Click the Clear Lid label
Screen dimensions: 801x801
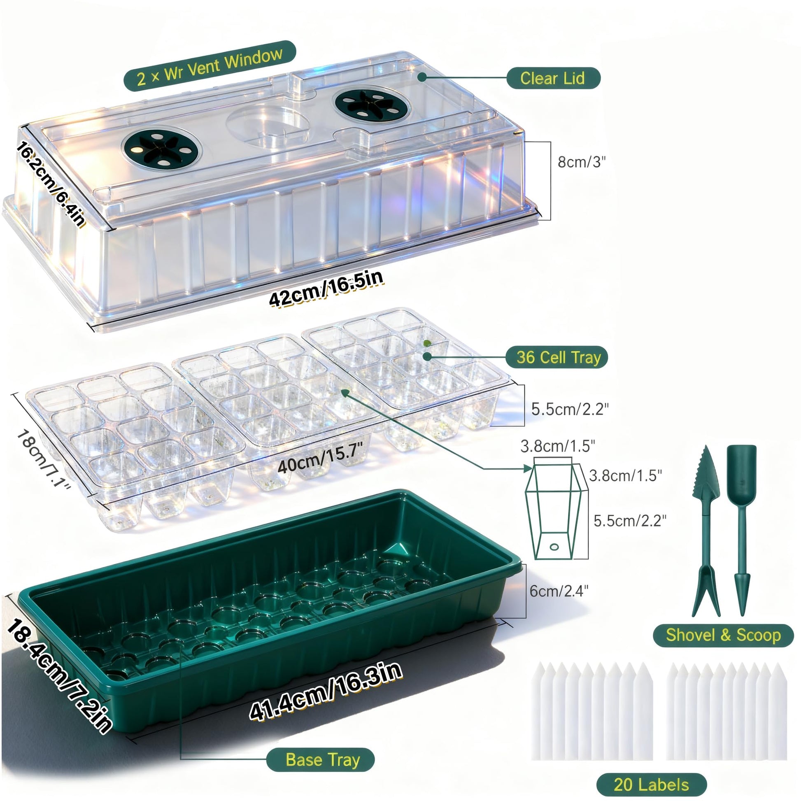click(553, 78)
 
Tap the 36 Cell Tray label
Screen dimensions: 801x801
click(557, 357)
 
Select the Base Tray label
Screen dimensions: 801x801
click(321, 759)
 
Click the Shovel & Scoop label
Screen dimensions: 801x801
click(724, 635)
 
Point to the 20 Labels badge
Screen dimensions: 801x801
click(651, 785)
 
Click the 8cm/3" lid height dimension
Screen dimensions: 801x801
click(582, 162)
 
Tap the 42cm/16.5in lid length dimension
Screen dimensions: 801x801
click(326, 287)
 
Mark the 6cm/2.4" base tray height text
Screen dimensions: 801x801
click(559, 591)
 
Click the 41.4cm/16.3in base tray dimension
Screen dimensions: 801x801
click(326, 691)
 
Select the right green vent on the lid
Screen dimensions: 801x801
click(373, 104)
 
